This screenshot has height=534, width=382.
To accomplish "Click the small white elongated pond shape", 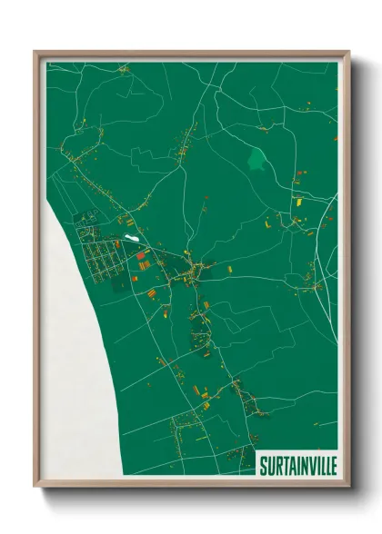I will click(x=133, y=239).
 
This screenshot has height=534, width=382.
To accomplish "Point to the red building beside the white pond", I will click(x=141, y=257).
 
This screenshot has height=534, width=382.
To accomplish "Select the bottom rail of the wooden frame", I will click(x=191, y=484).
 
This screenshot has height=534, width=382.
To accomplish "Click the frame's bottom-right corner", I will click(x=346, y=484).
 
